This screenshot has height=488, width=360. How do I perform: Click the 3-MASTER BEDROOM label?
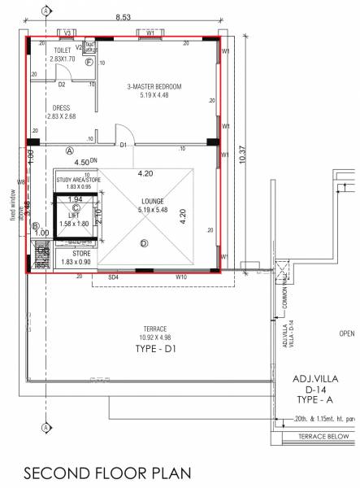point(154,86)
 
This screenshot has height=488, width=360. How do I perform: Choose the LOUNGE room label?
point(153,201)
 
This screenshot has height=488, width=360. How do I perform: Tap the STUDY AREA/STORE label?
point(78,178)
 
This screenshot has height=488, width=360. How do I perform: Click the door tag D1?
point(124,146)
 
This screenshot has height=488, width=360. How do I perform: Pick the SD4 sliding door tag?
point(114,277)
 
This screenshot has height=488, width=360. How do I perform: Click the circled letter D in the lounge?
point(144,242)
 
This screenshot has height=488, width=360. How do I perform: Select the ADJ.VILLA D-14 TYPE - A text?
point(315,389)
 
